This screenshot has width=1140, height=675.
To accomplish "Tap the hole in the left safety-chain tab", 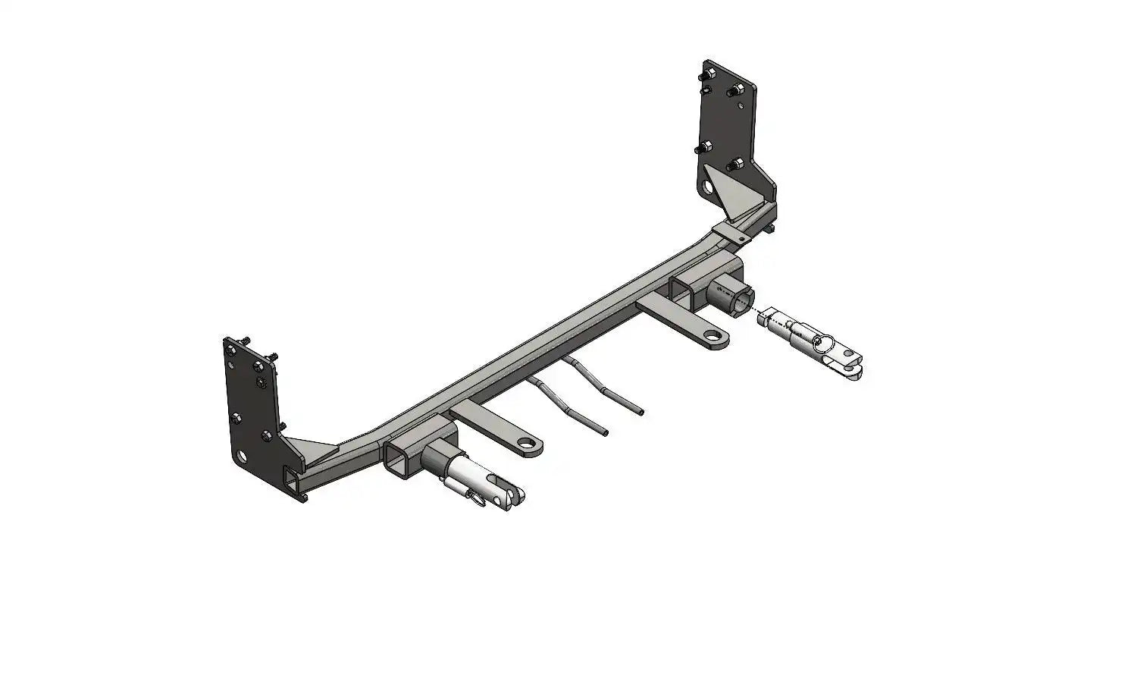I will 526,443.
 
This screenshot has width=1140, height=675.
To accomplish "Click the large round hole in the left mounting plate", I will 242,456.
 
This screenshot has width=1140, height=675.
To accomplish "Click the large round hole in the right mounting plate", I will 708,187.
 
